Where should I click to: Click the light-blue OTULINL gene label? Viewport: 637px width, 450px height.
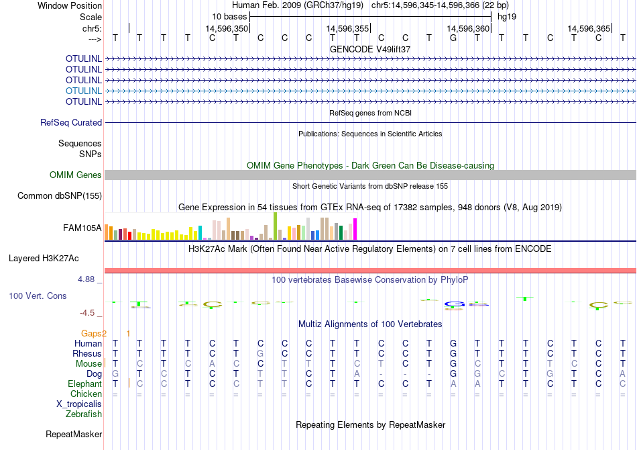[x=84, y=91]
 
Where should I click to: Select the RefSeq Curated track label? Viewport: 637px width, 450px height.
[x=71, y=123]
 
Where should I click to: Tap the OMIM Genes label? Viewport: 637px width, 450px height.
[x=76, y=175]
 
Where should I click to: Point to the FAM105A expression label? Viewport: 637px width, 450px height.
[x=82, y=228]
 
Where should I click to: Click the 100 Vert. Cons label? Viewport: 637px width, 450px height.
[x=38, y=296]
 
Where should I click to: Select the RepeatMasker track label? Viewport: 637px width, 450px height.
[x=74, y=435]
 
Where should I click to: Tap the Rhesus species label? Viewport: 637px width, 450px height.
[x=88, y=354]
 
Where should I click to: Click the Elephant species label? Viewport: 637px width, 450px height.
[x=85, y=384]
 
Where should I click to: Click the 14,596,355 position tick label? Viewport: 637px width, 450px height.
[x=347, y=29]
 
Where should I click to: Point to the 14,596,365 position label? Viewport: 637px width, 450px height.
[x=589, y=29]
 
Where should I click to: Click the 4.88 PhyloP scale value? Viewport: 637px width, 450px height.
[x=91, y=279]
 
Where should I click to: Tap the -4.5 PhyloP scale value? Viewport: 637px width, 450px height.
[x=91, y=313]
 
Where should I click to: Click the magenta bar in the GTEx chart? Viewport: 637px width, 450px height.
[x=355, y=230]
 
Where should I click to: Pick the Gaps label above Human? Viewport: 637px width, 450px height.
[x=94, y=333]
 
